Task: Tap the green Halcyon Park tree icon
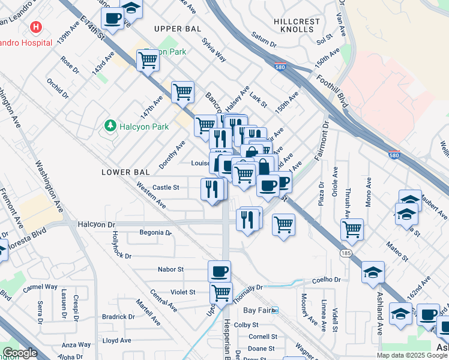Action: [x=109, y=125]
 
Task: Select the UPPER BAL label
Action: [x=175, y=29]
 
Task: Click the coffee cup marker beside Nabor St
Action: [x=219, y=271]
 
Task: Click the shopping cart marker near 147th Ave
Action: [x=182, y=92]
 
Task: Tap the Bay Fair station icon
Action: [x=275, y=310]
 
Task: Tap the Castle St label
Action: [x=165, y=187]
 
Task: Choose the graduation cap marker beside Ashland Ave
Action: [x=373, y=272]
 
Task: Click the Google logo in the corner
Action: [x=20, y=353]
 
